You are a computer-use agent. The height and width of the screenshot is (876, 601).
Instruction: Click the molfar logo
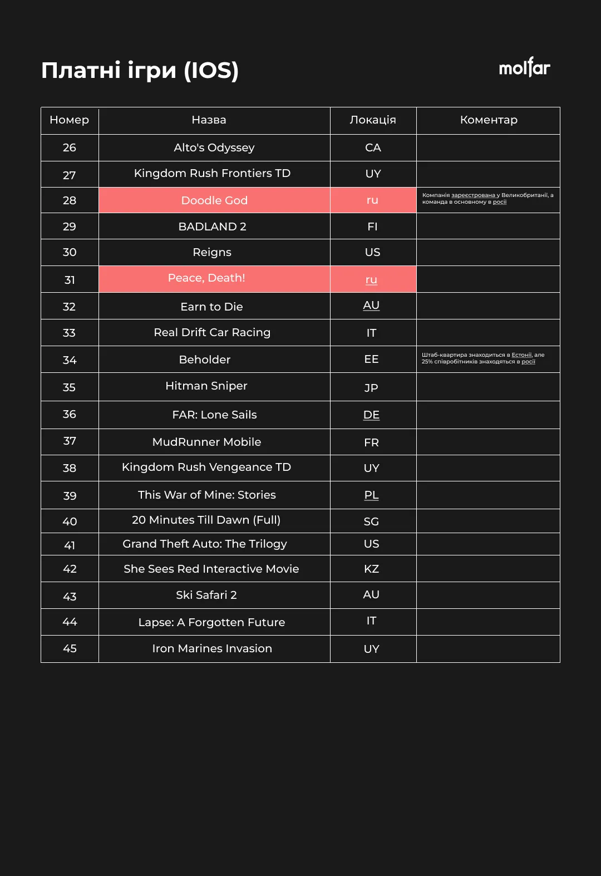pyautogui.click(x=524, y=67)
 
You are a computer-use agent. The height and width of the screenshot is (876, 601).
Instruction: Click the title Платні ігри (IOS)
pyautogui.click(x=140, y=70)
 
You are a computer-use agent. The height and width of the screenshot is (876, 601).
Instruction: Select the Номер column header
pyautogui.click(x=70, y=120)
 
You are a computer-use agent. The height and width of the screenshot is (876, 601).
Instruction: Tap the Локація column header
pyautogui.click(x=373, y=120)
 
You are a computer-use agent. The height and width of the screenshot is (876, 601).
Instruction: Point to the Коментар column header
pyautogui.click(x=489, y=120)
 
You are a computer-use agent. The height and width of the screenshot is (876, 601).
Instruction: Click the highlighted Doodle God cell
pyautogui.click(x=214, y=200)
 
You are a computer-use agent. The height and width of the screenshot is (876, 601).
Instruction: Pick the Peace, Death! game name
pyautogui.click(x=206, y=278)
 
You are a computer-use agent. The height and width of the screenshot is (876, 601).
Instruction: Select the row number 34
pyautogui.click(x=70, y=360)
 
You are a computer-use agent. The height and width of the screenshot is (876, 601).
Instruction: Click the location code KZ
pyautogui.click(x=371, y=569)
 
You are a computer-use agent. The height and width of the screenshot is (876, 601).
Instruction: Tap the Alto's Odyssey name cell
pyautogui.click(x=214, y=147)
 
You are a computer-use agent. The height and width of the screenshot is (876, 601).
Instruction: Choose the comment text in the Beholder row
pyautogui.click(x=482, y=358)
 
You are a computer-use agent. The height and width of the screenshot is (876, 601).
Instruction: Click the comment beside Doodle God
pyautogui.click(x=487, y=199)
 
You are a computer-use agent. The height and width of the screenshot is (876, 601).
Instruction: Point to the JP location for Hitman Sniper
pyautogui.click(x=371, y=387)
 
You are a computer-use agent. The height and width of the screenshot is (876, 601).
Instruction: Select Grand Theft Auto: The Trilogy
pyautogui.click(x=205, y=544)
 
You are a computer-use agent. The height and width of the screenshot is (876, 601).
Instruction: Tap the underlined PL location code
pyautogui.click(x=371, y=495)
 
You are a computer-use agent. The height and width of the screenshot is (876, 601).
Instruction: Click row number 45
pyautogui.click(x=70, y=649)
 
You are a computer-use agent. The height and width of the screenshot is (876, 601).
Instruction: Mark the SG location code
pyautogui.click(x=371, y=521)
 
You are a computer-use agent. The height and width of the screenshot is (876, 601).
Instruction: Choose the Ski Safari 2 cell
pyautogui.click(x=206, y=595)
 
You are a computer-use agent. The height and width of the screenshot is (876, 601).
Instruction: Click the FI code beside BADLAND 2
pyautogui.click(x=372, y=227)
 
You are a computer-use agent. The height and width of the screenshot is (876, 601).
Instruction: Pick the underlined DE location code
pyautogui.click(x=371, y=415)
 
